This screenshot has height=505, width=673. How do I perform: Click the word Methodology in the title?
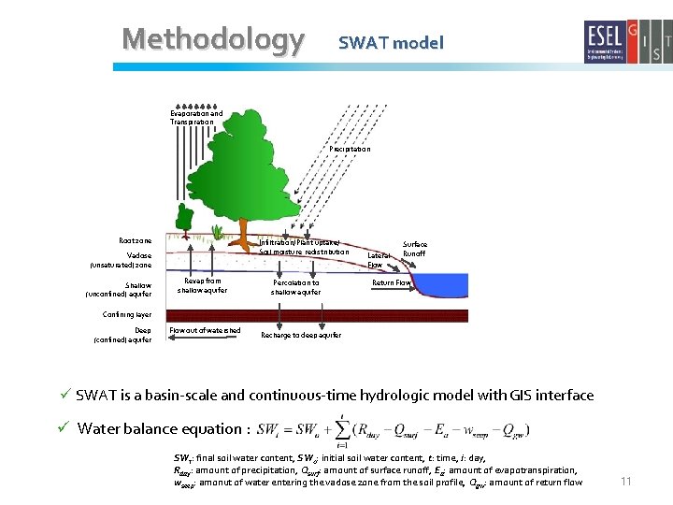click(x=213, y=39)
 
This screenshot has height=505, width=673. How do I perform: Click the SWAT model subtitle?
click(x=391, y=42)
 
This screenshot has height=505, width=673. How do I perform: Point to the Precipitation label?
click(x=350, y=149)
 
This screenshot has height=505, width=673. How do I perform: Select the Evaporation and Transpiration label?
click(x=196, y=117)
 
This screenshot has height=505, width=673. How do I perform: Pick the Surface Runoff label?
click(x=414, y=248)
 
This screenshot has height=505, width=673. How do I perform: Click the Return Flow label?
click(x=392, y=281)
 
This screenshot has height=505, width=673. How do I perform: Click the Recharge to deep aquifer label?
click(x=301, y=335)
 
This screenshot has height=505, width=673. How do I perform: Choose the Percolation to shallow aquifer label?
click(x=295, y=286)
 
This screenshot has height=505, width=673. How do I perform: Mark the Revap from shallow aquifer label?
click(x=202, y=285)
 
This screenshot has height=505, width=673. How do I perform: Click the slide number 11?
click(x=626, y=481)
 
